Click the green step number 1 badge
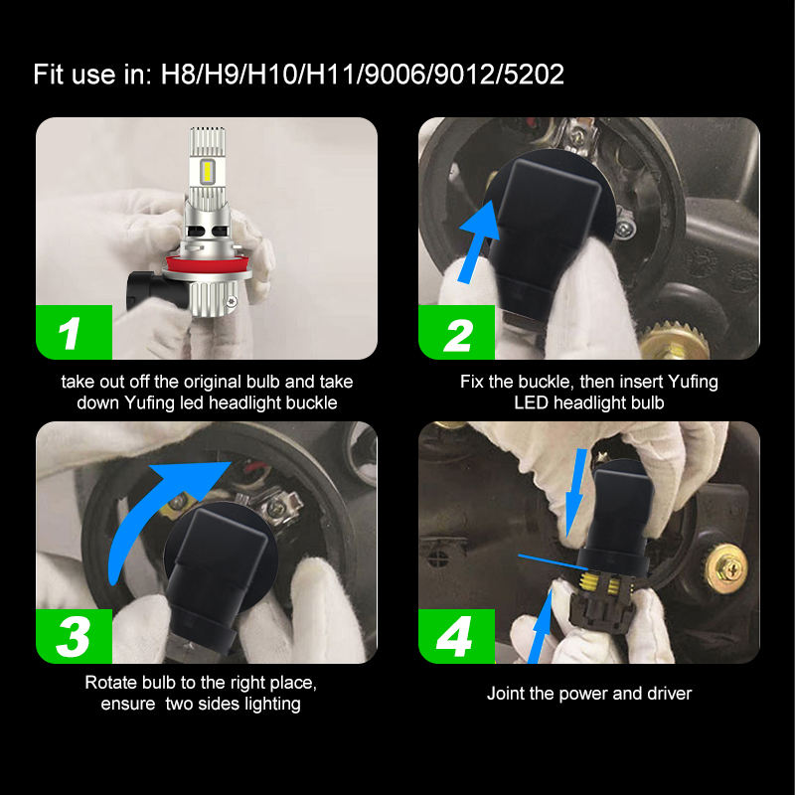74,332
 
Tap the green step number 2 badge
456,332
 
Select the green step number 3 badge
74,636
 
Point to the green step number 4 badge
456,636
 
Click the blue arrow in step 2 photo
478,242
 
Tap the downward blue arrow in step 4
576,492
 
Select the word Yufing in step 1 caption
150,403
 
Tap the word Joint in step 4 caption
506,693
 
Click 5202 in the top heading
534,74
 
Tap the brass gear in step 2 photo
674,341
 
